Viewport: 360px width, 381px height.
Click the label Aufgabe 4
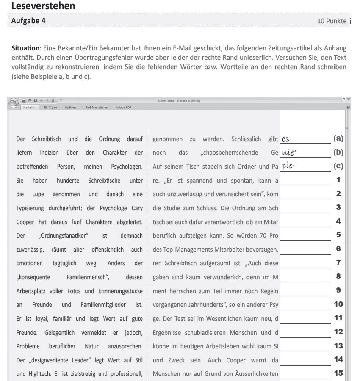[29, 20]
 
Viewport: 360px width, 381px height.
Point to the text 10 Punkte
[332, 21]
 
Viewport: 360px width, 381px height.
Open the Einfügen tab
[51, 108]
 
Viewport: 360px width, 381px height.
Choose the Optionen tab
[72, 108]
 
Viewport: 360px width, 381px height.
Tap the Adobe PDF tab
[124, 108]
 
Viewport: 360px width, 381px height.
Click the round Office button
[13, 103]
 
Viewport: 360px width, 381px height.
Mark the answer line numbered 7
[305, 266]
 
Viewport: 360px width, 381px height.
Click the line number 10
[338, 304]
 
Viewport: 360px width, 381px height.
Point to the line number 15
[338, 373]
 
